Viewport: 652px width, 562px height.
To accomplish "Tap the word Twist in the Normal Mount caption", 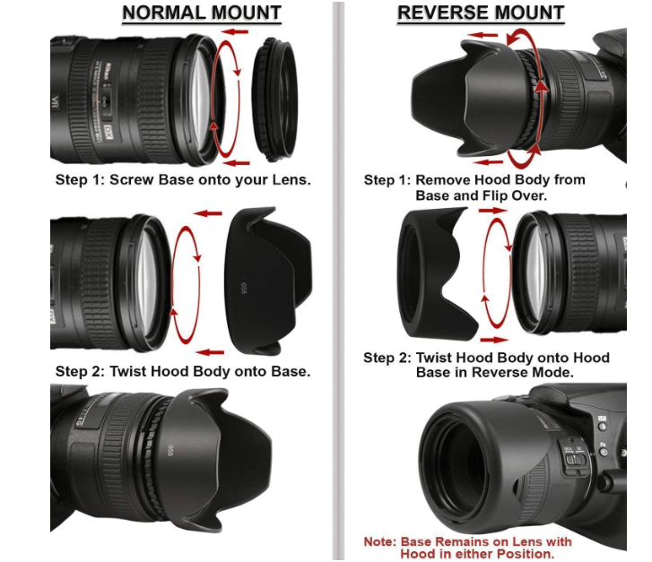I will (131, 371).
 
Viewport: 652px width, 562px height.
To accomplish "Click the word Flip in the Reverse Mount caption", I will (527, 195).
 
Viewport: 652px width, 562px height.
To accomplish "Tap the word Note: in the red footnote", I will (382, 542).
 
